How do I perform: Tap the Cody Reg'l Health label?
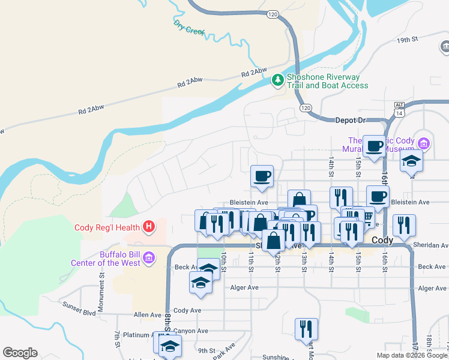click(x=107, y=227)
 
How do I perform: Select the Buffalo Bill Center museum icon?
click(x=149, y=259)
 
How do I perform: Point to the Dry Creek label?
click(x=189, y=27)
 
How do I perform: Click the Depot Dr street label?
click(x=350, y=121)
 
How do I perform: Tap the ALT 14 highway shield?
click(x=399, y=109)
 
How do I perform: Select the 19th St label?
click(x=406, y=40)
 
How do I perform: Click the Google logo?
click(x=20, y=353)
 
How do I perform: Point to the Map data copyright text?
click(x=411, y=355)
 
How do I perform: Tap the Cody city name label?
click(x=382, y=240)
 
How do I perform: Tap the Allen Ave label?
click(x=148, y=314)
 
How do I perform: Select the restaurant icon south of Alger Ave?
click(x=306, y=328)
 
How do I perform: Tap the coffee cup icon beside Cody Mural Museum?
click(x=375, y=146)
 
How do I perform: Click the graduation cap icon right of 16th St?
click(x=412, y=161)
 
